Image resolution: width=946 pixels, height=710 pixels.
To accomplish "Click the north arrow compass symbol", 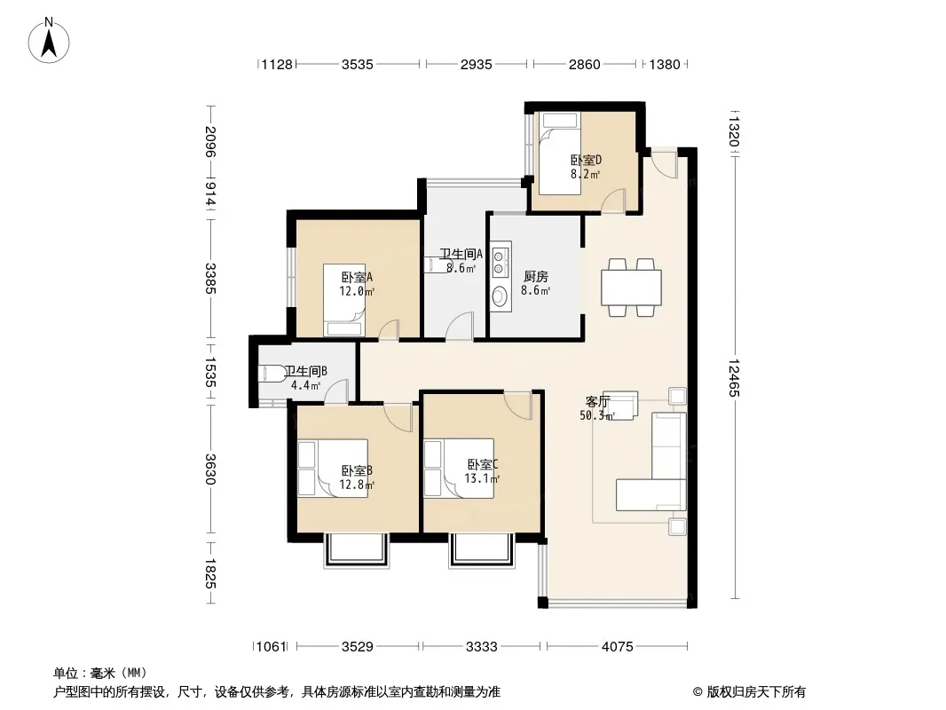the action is pyautogui.click(x=49, y=41).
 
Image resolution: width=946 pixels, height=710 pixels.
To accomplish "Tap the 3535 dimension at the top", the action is pyautogui.click(x=357, y=64).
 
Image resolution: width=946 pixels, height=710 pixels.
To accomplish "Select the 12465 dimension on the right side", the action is pyautogui.click(x=734, y=377).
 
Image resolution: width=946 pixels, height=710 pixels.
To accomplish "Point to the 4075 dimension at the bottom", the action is pyautogui.click(x=617, y=647).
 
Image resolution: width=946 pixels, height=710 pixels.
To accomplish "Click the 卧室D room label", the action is pyautogui.click(x=586, y=161).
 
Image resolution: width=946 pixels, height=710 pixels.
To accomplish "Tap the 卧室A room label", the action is pyautogui.click(x=357, y=278).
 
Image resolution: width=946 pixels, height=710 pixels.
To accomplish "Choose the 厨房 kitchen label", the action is pyautogui.click(x=536, y=277).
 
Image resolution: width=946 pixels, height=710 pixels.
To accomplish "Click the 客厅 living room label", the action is pyautogui.click(x=598, y=402).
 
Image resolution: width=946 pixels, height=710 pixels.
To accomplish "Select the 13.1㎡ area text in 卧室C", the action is pyautogui.click(x=482, y=479).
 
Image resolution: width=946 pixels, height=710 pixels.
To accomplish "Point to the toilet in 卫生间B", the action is pyautogui.click(x=273, y=374).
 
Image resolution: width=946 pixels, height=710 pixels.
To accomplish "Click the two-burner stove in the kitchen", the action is pyautogui.click(x=499, y=260).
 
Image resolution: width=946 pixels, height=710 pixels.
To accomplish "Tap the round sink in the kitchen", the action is pyautogui.click(x=501, y=296).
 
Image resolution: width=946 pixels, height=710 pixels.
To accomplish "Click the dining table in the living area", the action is pyautogui.click(x=631, y=288).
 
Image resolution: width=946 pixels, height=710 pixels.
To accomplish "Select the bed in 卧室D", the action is pyautogui.click(x=559, y=154).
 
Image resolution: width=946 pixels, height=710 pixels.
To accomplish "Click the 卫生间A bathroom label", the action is pyautogui.click(x=461, y=254).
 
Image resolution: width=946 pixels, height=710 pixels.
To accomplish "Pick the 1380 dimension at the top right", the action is pyautogui.click(x=665, y=64).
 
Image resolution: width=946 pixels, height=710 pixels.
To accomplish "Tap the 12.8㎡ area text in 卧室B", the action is pyautogui.click(x=357, y=485).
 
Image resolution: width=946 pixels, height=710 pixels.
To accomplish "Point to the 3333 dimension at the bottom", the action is pyautogui.click(x=482, y=647).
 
